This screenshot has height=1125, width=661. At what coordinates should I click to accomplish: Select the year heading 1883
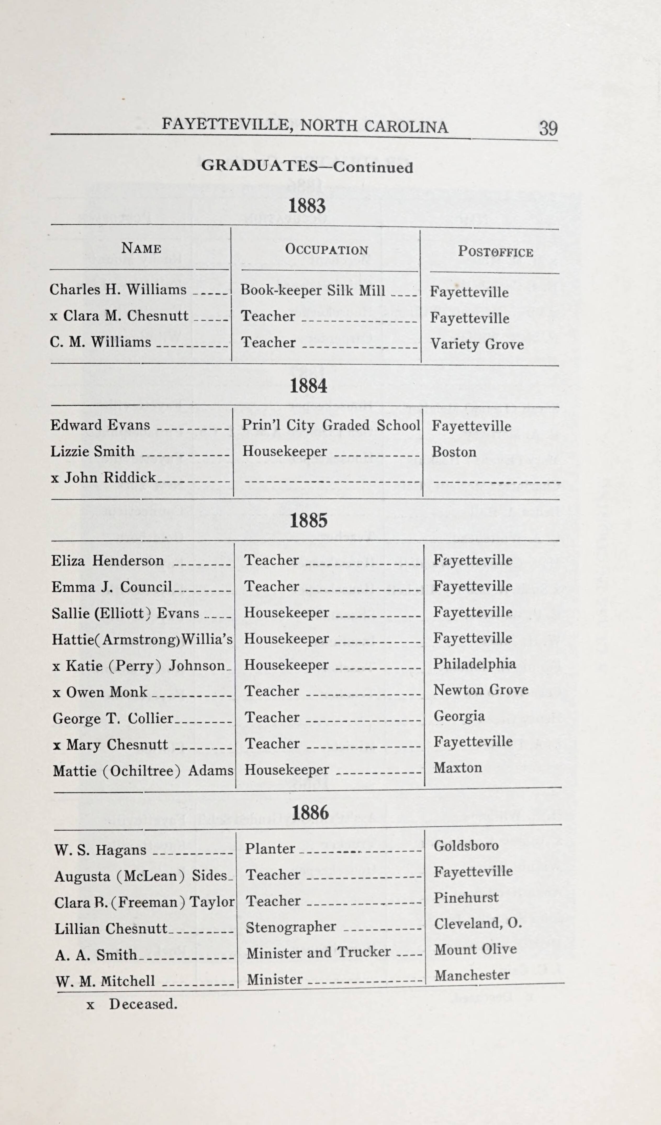pos(307,206)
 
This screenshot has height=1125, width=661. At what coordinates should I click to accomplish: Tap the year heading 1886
pos(310,813)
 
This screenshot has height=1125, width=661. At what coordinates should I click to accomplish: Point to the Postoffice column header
pos(495,252)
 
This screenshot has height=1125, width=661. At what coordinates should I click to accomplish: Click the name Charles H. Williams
pos(118,290)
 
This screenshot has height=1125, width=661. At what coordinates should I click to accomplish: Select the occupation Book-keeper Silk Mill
pos(313,291)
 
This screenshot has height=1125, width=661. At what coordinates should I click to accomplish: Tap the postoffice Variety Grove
pos(477,344)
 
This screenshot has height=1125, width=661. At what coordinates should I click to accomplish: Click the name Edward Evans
pos(100,425)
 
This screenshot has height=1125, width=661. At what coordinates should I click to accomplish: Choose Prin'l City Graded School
pos(331,425)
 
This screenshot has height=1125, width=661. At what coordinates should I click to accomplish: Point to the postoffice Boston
pos(454,452)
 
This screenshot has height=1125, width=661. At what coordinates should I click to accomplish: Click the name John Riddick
pos(109,478)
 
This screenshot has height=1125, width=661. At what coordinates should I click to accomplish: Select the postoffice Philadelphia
pos(474,663)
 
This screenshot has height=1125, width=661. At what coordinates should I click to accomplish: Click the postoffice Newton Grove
pos(480,690)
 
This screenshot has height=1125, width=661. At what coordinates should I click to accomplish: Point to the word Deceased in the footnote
pos(143,1004)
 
